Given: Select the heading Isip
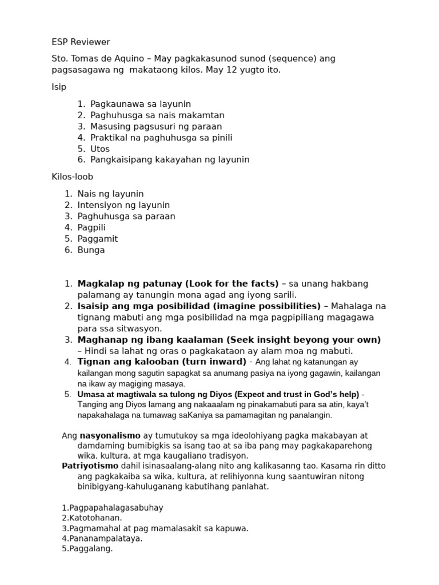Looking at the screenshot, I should coord(59,87).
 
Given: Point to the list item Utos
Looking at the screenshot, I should coord(100,149).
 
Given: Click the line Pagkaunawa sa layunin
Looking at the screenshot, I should coord(141,104).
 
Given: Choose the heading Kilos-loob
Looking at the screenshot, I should coord(72,177).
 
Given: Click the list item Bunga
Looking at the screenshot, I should coord(91,250).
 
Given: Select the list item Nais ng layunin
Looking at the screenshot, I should coord(110,194).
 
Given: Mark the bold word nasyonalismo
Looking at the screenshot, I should coord(109,435).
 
